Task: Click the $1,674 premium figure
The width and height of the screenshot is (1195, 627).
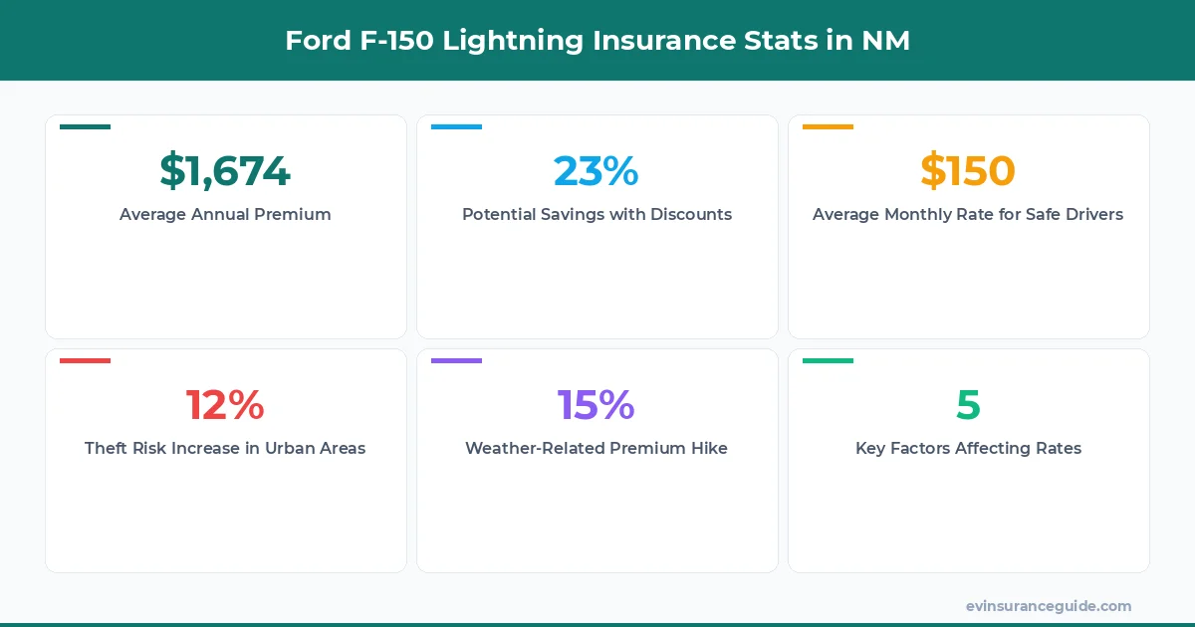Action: coord(225,171)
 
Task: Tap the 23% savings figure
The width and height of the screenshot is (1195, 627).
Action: coord(596,171)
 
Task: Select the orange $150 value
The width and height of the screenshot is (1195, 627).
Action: coord(967,171)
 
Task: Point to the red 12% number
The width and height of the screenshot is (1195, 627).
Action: coord(225,405)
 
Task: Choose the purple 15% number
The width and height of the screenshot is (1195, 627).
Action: coord(596,405)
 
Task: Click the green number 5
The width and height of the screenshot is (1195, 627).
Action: coord(968,405)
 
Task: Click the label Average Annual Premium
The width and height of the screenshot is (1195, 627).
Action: coord(225,214)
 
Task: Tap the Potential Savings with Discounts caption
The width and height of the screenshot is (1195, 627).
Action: coord(597,214)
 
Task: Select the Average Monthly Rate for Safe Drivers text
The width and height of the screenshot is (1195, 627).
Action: coord(967,214)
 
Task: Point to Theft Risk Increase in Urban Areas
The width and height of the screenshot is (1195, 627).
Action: coord(225,448)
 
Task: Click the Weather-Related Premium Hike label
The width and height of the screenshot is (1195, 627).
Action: coord(597,448)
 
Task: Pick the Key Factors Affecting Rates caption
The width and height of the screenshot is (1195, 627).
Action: coord(968,448)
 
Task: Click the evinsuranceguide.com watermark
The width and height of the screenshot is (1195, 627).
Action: coord(1048,606)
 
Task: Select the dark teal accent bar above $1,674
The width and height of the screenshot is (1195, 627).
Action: coord(85,126)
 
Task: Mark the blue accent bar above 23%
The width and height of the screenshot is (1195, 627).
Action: coord(456,126)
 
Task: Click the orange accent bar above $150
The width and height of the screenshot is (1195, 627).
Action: coord(828,126)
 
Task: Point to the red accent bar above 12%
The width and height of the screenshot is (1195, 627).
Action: coord(85,360)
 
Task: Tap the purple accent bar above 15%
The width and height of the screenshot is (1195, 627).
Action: coord(456,360)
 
